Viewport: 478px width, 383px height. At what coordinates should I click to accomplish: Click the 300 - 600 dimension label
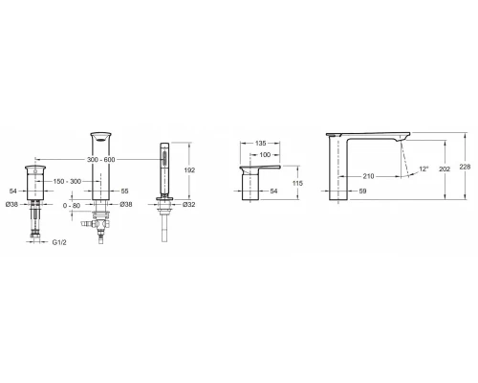100,160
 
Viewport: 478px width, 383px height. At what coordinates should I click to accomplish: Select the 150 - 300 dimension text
67,182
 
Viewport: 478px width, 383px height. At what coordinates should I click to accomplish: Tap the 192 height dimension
189,170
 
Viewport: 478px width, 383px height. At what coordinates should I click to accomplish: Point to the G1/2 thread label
59,242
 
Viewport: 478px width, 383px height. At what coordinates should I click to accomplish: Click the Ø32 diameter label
189,205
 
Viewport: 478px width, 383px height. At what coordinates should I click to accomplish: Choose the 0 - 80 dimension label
72,206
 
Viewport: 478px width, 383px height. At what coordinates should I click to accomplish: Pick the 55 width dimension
125,191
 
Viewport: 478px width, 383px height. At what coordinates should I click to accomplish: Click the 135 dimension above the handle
261,144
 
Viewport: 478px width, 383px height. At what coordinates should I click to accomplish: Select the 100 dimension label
265,155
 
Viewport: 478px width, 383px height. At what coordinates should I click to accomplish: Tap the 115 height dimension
297,183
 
